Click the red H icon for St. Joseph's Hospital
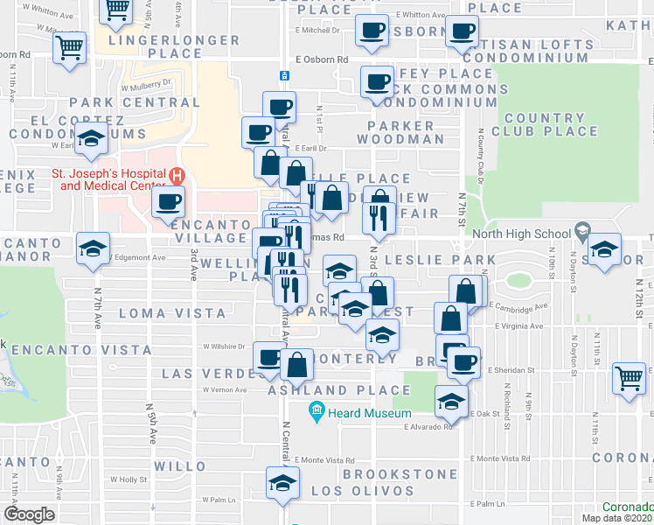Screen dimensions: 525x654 pos(177,174)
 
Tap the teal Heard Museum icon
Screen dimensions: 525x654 pos(317,411)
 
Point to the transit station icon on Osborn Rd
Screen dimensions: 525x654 pos(284,76)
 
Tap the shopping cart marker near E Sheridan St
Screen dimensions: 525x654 pos(629,378)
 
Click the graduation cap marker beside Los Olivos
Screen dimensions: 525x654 pos(282,483)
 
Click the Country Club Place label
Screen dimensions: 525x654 pos(551,125)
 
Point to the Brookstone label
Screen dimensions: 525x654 pos(400,473)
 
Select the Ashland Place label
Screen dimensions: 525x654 pos(339,390)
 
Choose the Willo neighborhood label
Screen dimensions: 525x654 pos(179,465)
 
